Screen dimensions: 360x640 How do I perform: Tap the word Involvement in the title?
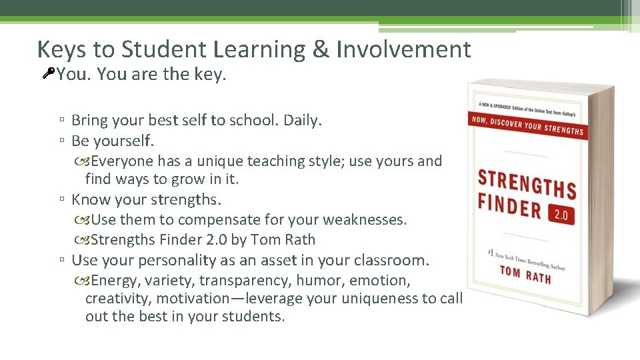(x=403, y=49)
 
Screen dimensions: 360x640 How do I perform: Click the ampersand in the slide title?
(x=320, y=49)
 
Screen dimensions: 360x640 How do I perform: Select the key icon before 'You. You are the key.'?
(x=47, y=73)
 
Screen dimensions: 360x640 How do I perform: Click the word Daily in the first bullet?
(x=302, y=121)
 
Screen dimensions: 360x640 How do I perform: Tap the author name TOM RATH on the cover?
(x=525, y=273)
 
